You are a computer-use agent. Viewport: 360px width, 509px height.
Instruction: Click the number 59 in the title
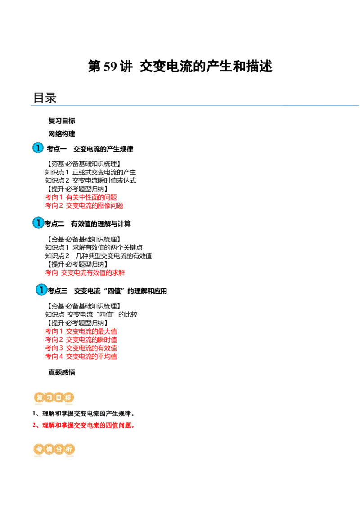pos(110,66)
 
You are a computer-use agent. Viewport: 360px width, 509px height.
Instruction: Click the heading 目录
pos(45,98)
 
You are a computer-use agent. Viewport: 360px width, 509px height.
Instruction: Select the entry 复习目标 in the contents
pos(62,121)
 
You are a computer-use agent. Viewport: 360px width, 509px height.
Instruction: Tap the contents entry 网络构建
pos(62,134)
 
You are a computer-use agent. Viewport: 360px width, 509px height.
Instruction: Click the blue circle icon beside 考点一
pos(38,147)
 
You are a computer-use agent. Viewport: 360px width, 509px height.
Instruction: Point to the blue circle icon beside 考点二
pos(38,223)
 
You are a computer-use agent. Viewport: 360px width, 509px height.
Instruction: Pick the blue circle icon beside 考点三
pos(41,290)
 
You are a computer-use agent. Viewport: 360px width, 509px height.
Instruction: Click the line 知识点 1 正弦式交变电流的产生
pos(90,172)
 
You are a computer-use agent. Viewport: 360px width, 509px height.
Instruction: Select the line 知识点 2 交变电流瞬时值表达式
pos(90,180)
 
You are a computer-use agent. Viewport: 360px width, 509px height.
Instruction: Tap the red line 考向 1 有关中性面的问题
pos(81,197)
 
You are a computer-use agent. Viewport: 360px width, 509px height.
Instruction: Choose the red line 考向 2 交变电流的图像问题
pos(84,205)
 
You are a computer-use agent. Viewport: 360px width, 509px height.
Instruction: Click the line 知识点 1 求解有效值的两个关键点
pos(94,247)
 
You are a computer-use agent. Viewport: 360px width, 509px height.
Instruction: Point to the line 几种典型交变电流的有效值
pos(114,256)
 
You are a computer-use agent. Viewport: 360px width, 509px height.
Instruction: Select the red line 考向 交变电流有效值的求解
pos(85,272)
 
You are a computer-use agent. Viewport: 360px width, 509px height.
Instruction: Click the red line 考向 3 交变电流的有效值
pos(81,348)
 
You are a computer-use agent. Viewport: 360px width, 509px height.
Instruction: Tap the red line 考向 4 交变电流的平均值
pos(81,357)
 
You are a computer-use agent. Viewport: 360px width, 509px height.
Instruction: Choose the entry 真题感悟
pos(62,372)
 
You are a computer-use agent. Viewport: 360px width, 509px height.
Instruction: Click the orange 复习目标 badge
pos(54,397)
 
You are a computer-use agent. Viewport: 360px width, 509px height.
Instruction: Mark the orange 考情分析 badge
pos(54,450)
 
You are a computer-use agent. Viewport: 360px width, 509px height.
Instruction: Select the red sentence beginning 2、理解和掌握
pos(84,425)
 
